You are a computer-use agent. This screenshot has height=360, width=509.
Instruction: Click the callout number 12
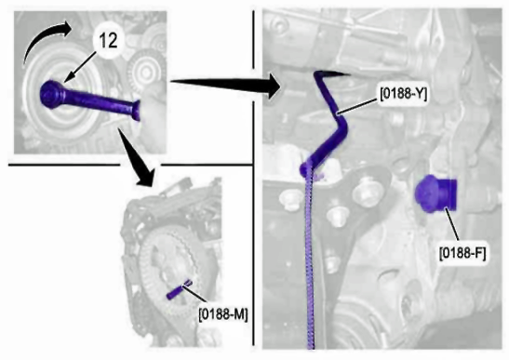pyautogui.click(x=109, y=41)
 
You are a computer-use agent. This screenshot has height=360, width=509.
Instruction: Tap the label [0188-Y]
pyautogui.click(x=404, y=94)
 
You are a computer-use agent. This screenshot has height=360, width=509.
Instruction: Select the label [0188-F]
pyautogui.click(x=462, y=253)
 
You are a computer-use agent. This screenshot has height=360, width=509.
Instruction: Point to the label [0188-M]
pyautogui.click(x=223, y=313)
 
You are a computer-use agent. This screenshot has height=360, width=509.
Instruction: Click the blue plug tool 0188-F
pyautogui.click(x=435, y=194)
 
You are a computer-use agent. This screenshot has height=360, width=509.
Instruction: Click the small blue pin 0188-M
pyautogui.click(x=179, y=290)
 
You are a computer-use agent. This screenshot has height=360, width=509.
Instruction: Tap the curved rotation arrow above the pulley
pyautogui.click(x=45, y=40)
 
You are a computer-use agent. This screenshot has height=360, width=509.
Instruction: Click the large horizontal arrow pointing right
pyautogui.click(x=225, y=85)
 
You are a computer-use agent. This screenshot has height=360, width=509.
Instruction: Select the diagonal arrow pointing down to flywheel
pyautogui.click(x=137, y=157)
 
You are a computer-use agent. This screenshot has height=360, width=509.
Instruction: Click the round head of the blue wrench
pyautogui.click(x=51, y=95)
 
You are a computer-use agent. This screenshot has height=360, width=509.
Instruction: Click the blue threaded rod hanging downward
pyautogui.click(x=310, y=260)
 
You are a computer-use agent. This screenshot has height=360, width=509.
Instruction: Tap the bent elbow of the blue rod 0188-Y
pyautogui.click(x=342, y=126)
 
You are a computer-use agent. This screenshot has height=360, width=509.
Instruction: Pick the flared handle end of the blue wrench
pyautogui.click(x=137, y=110)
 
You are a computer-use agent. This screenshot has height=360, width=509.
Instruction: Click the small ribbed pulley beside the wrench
pyautogui.click(x=141, y=70)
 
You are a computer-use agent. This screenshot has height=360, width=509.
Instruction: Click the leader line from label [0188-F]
pyautogui.click(x=452, y=227)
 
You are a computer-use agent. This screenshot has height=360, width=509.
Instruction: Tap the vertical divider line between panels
pyautogui.click(x=253, y=178)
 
